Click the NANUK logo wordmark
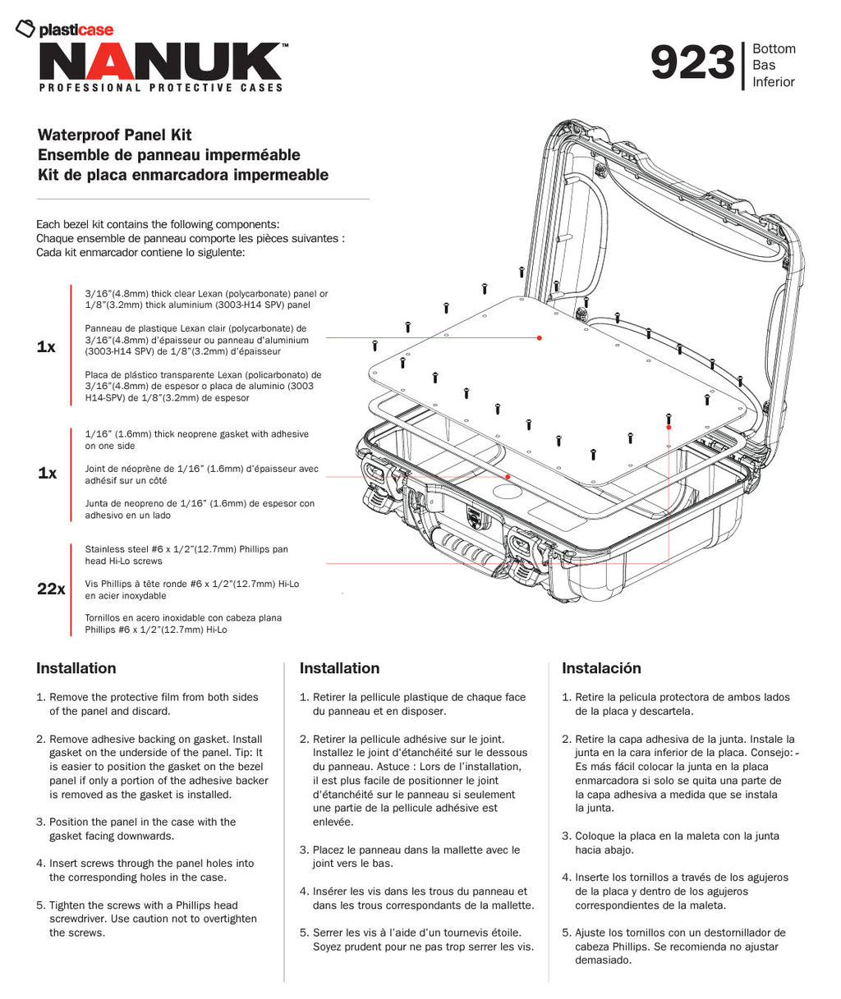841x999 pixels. (160, 62)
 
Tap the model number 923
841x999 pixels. (692, 64)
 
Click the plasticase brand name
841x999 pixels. (76, 30)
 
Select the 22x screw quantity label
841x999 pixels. (51, 589)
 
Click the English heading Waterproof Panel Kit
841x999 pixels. (115, 135)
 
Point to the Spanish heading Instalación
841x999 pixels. (601, 668)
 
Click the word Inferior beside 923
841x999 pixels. (774, 82)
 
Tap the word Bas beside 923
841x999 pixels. (764, 66)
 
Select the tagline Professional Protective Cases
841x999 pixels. (161, 88)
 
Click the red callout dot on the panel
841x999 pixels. (540, 337)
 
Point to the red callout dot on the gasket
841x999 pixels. (508, 476)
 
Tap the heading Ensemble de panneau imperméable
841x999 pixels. (169, 155)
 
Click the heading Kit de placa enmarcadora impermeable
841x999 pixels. (183, 175)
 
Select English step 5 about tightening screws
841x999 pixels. (153, 919)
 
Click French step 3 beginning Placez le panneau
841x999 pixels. (416, 856)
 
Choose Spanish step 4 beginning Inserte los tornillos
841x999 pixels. (681, 891)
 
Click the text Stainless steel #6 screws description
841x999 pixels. (186, 555)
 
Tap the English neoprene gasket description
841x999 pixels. (196, 440)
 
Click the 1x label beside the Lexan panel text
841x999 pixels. (46, 347)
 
